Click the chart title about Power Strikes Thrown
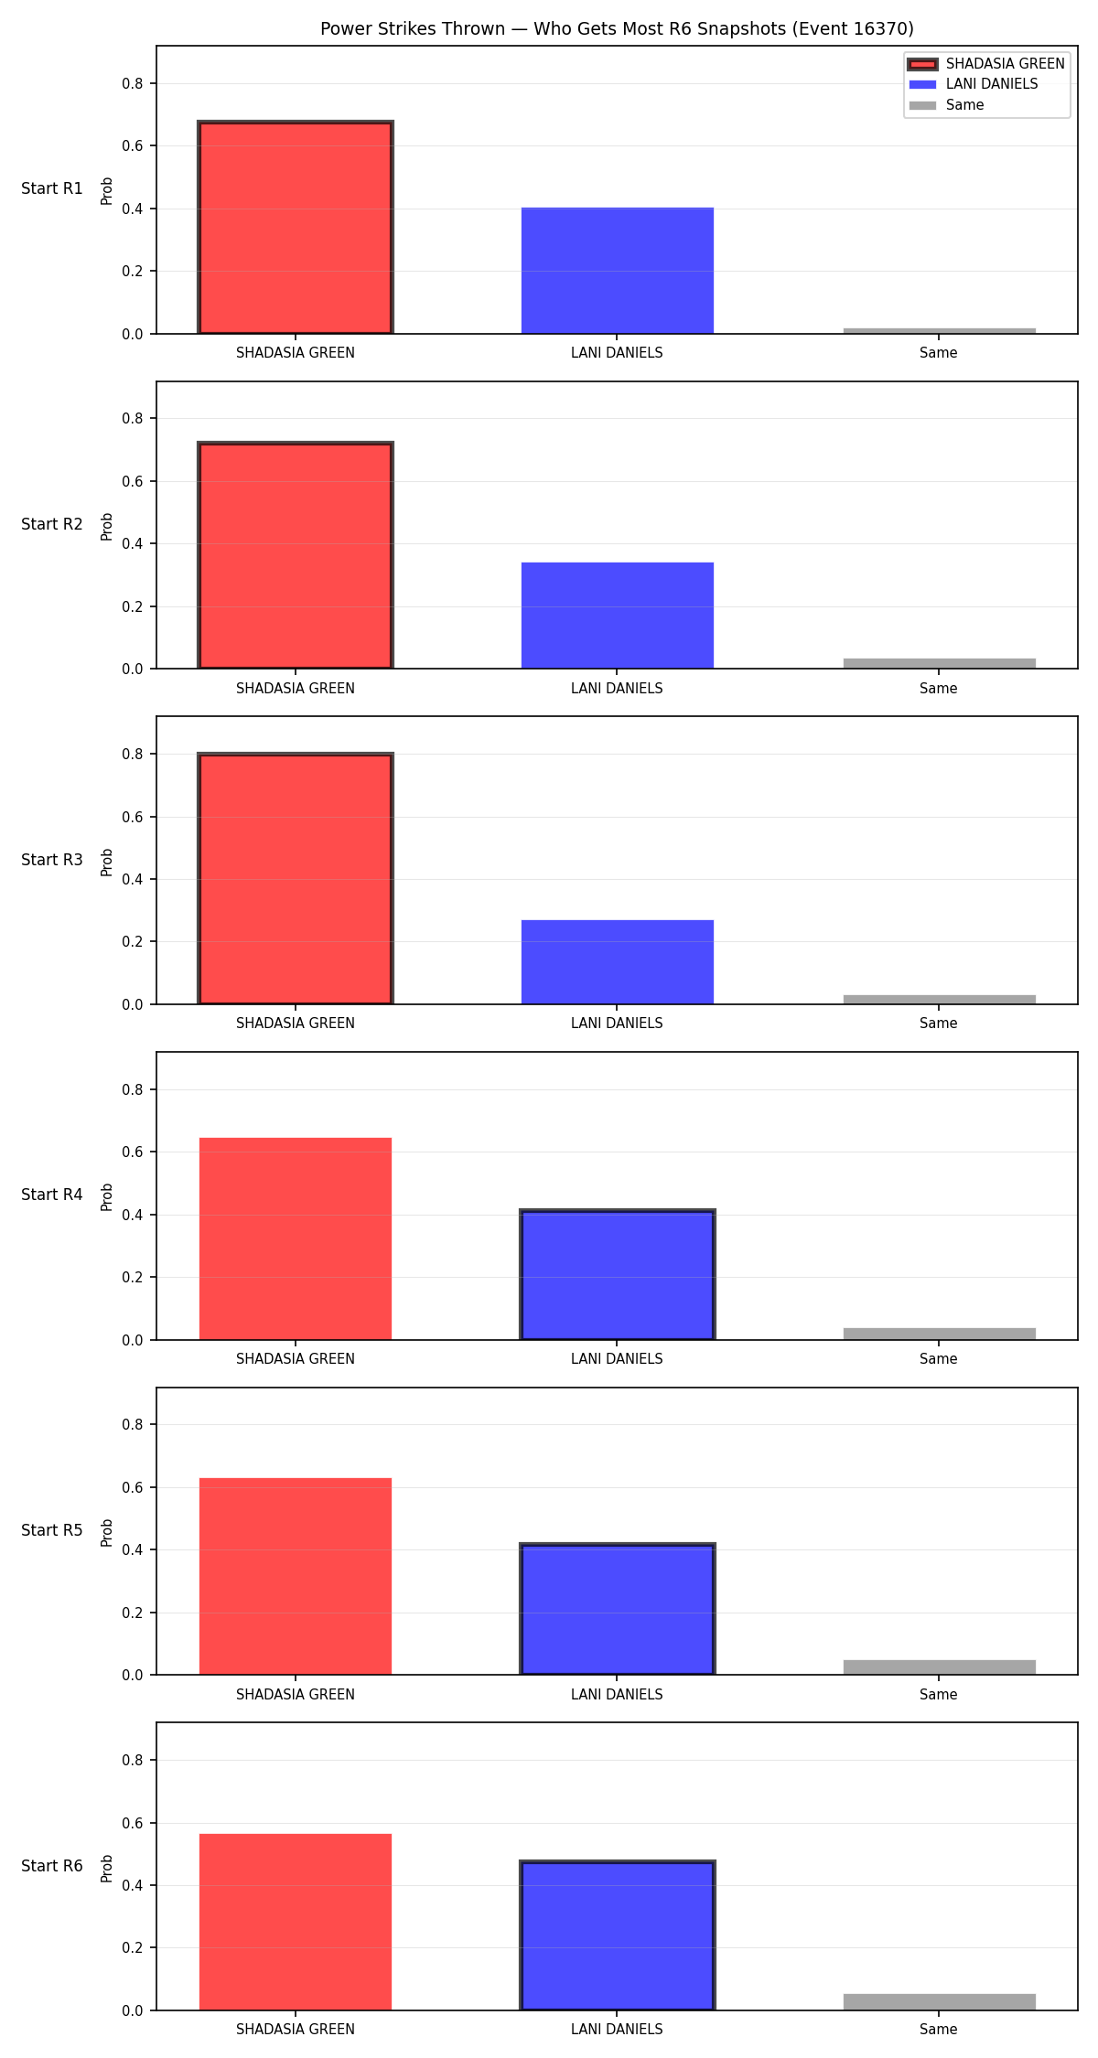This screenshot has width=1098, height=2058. click(x=617, y=29)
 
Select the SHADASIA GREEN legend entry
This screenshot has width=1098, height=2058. click(x=986, y=64)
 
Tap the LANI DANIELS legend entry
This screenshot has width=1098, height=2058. click(x=974, y=84)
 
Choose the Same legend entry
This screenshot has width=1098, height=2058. click(x=946, y=105)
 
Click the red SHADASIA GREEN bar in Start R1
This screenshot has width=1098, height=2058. click(x=296, y=228)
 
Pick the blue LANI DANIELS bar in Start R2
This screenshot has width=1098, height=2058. click(x=618, y=616)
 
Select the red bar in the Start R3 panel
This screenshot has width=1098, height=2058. click(x=296, y=879)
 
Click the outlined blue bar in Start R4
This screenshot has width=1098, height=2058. click(x=618, y=1275)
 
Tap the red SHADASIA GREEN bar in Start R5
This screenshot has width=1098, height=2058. click(x=296, y=1577)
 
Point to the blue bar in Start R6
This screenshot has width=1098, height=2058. click(x=618, y=1935)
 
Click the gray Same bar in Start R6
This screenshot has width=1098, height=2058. click(x=940, y=2002)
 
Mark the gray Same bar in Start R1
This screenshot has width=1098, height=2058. click(x=940, y=331)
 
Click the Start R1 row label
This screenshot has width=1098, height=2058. click(x=52, y=189)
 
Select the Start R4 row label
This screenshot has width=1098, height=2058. click(x=52, y=1195)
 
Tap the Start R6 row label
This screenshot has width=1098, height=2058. click(x=52, y=1867)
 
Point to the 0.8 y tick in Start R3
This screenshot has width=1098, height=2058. click(x=133, y=755)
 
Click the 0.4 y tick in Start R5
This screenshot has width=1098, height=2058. click(x=133, y=1550)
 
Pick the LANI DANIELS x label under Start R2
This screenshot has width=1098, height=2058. click(x=617, y=689)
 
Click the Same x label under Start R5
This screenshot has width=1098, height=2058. click(x=939, y=1695)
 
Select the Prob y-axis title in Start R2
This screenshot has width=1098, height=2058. click(x=107, y=526)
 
